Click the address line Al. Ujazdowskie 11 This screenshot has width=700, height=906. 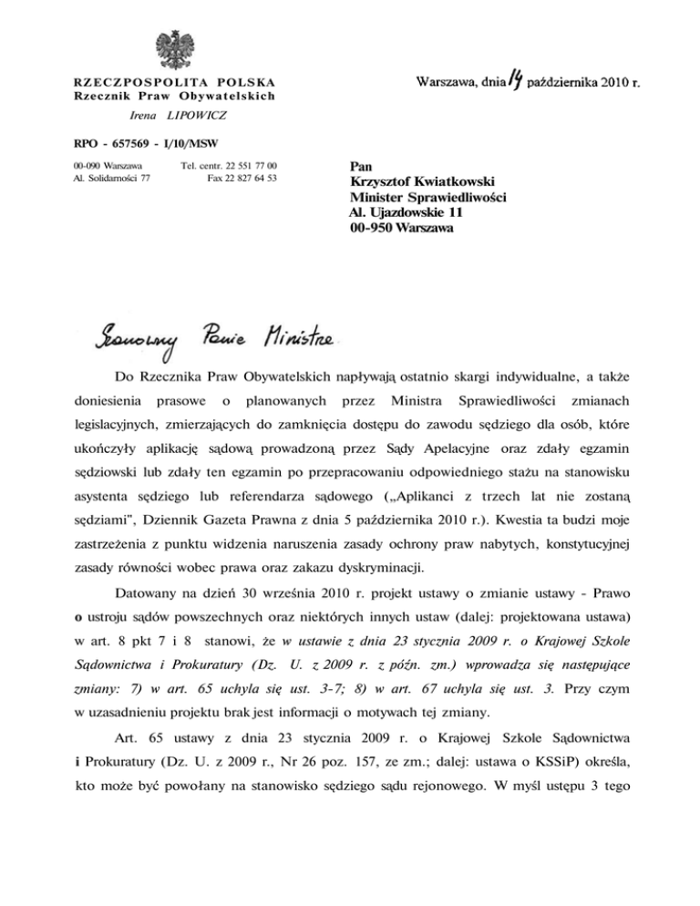pos(407,212)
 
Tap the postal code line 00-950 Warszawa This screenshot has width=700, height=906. pos(401,228)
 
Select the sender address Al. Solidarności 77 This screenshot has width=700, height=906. pos(110,178)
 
